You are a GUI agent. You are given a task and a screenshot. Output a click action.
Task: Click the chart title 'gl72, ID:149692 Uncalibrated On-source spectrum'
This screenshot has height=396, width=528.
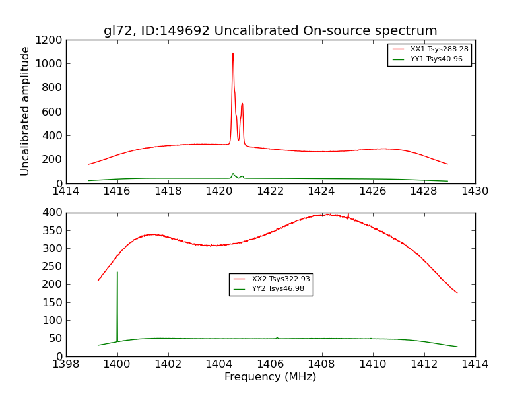(x=270, y=31)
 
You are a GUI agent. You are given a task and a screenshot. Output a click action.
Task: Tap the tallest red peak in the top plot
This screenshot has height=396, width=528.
(x=233, y=54)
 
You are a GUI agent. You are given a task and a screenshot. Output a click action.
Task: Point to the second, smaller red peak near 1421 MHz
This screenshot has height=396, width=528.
(x=242, y=104)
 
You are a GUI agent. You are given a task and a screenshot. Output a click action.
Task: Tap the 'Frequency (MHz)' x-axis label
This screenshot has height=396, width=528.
(x=270, y=377)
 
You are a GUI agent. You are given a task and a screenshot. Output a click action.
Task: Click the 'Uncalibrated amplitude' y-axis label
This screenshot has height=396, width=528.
(x=25, y=111)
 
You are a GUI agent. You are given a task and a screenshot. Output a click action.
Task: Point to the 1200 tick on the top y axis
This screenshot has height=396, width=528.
(x=50, y=40)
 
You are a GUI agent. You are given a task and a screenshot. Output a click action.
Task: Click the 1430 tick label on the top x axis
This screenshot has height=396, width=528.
(x=475, y=191)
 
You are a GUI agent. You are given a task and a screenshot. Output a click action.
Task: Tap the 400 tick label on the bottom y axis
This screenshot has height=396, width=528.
(x=53, y=213)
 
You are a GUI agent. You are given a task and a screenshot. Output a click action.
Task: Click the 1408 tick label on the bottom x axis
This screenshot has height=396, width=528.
(x=321, y=364)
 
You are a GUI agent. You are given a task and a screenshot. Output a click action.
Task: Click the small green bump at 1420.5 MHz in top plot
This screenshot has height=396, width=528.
(x=232, y=174)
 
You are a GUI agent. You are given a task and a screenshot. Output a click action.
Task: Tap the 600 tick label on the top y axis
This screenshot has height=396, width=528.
(x=53, y=112)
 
